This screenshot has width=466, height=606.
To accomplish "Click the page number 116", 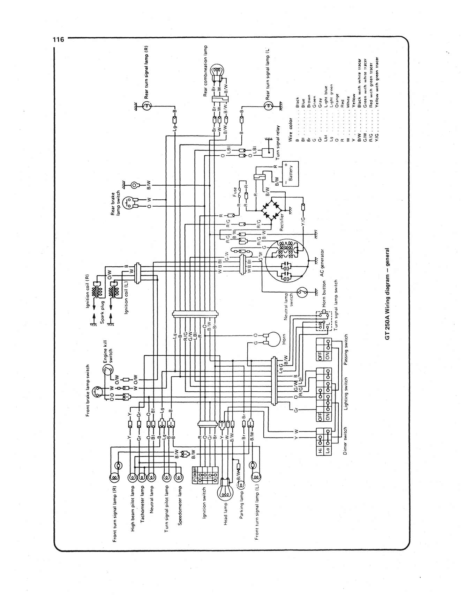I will pos(59,40).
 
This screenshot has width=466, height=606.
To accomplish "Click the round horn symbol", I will pos(273,339).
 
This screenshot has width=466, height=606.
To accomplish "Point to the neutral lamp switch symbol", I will pos(302,292).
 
